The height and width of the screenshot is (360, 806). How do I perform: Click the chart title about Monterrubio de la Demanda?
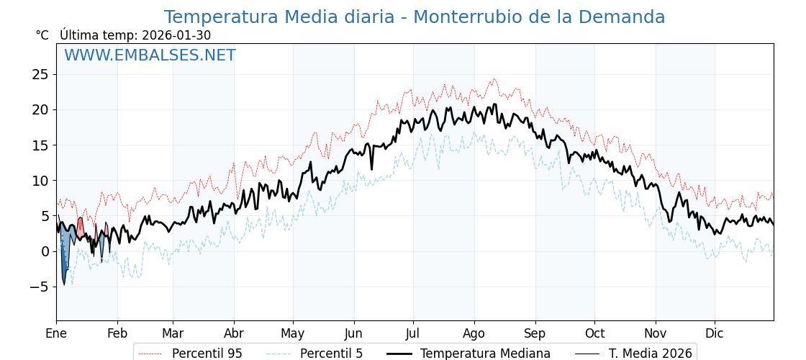click(415, 17)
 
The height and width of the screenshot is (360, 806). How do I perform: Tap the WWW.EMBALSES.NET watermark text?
click(150, 55)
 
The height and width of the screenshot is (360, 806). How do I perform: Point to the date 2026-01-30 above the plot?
click(176, 35)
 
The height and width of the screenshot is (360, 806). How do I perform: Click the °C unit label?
click(42, 35)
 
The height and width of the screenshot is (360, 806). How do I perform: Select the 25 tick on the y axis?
click(40, 74)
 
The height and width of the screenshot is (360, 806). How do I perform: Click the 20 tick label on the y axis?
click(40, 109)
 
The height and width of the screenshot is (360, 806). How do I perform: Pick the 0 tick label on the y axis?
click(45, 251)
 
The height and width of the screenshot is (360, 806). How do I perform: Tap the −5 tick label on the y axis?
click(40, 287)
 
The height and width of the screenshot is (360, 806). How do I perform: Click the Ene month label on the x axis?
click(56, 333)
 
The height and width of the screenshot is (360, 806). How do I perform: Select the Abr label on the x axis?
click(234, 333)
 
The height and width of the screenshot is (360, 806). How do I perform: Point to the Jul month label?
click(413, 333)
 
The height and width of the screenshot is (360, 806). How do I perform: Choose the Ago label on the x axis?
click(474, 333)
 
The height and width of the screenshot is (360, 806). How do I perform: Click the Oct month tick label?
click(594, 333)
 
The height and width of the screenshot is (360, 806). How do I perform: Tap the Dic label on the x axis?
click(715, 333)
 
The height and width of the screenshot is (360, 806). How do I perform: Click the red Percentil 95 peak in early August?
click(494, 79)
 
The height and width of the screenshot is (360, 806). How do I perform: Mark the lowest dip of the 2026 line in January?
click(63, 284)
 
